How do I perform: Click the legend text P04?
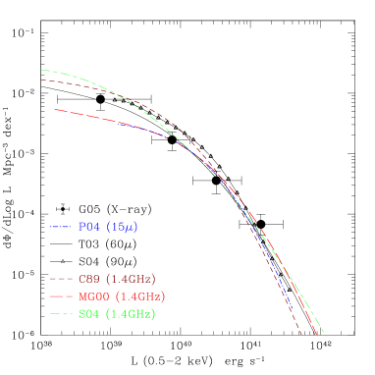88,227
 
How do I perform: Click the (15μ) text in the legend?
122,227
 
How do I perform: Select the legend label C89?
89,279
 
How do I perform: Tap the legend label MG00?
94,295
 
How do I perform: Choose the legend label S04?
89,313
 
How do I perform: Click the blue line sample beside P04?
62,227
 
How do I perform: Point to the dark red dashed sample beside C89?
62,279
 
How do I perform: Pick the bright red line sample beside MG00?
62,295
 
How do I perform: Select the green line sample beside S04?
62,313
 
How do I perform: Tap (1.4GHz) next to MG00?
139,295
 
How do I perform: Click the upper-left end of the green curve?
41,70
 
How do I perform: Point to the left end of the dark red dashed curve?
41,80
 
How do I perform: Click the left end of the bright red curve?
56,109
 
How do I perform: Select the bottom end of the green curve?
323,333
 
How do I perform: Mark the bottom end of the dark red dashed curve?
300,336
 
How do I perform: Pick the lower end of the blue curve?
295,311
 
